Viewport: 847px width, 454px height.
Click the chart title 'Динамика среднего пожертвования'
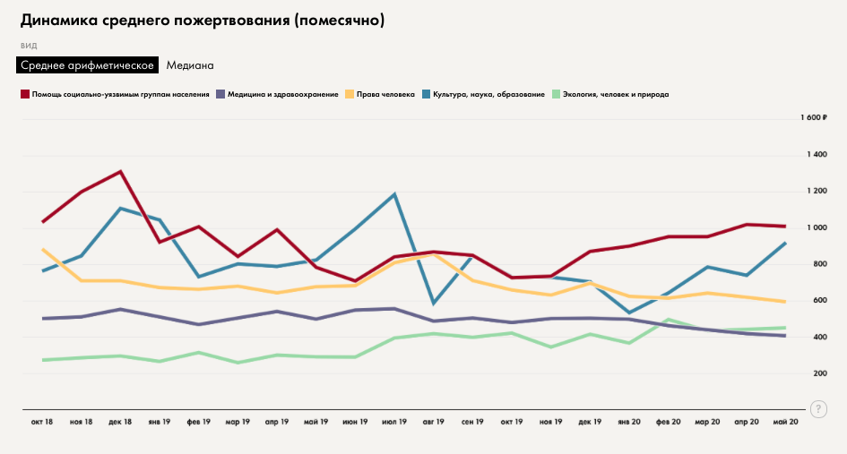(202, 21)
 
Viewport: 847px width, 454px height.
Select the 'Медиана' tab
(190, 65)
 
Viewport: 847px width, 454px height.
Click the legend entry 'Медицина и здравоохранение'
(282, 94)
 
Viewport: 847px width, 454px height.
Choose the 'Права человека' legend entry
(385, 94)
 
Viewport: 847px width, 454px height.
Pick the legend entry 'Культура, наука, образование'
(488, 94)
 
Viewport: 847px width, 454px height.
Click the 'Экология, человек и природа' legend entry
(616, 94)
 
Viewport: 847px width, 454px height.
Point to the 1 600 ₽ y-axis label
(812, 118)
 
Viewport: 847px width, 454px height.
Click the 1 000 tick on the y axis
(815, 227)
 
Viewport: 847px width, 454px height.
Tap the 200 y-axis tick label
(818, 373)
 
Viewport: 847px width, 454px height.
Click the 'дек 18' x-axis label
(120, 421)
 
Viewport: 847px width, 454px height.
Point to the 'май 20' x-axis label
(786, 421)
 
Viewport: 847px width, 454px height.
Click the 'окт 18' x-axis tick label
(42, 421)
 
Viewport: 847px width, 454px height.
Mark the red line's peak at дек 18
(120, 171)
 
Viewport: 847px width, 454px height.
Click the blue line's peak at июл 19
(394, 193)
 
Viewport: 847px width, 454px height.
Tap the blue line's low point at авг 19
(434, 303)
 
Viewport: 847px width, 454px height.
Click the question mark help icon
(818, 408)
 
